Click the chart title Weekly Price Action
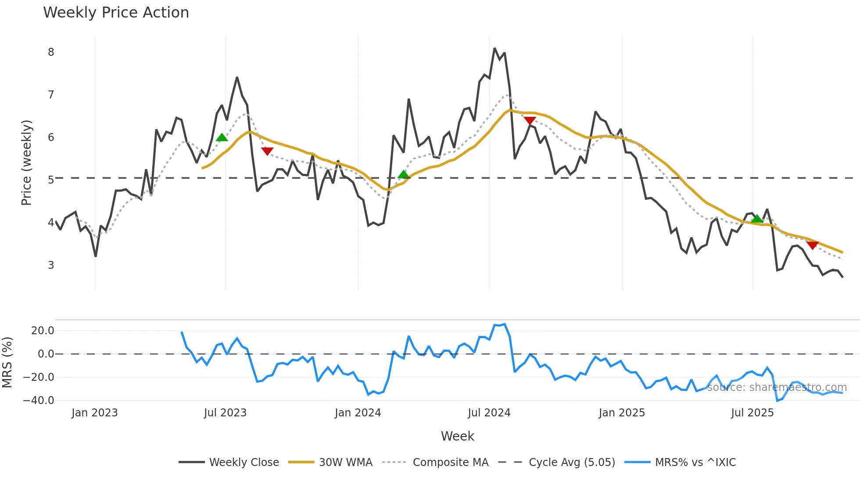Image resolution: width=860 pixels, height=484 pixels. click(x=116, y=13)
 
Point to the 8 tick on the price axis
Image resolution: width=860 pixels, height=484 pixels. click(x=51, y=52)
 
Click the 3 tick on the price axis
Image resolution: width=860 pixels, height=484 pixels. click(x=51, y=265)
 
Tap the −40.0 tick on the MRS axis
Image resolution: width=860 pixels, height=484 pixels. click(x=39, y=401)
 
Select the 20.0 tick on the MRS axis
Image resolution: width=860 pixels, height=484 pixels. click(x=42, y=331)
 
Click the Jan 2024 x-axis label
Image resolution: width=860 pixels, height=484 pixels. click(x=358, y=413)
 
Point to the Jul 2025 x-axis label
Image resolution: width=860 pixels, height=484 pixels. click(x=752, y=413)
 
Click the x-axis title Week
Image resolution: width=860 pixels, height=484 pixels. click(x=457, y=436)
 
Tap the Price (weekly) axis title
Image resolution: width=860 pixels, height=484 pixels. click(x=26, y=163)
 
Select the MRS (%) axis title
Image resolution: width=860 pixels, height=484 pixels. click(x=7, y=362)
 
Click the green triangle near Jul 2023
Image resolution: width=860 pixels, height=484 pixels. click(x=222, y=137)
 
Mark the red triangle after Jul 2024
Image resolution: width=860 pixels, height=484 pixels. click(x=530, y=121)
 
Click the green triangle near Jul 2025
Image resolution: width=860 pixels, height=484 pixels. click(x=757, y=219)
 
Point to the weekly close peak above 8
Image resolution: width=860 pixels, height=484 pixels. click(x=494, y=48)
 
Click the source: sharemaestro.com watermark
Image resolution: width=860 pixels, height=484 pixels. click(x=777, y=387)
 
